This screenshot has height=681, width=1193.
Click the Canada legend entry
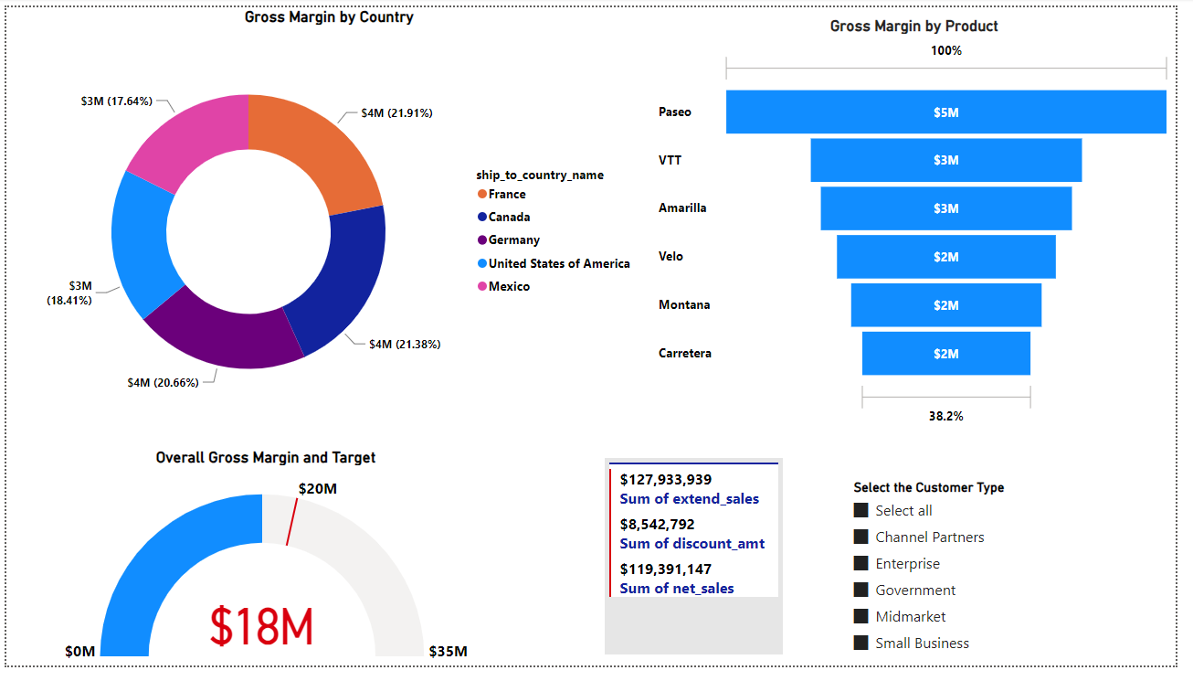pos(509,218)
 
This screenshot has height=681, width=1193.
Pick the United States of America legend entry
pos(558,264)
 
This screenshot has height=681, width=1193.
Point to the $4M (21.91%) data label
pos(396,113)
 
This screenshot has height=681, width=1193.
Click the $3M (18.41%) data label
pos(69,293)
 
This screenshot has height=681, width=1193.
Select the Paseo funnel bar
pos(945,112)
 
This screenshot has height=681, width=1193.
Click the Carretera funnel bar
pos(945,354)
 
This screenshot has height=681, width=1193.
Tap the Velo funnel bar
pos(945,257)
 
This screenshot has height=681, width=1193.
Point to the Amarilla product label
pos(682,208)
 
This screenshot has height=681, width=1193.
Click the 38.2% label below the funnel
pos(945,416)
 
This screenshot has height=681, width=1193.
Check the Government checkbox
pos(860,591)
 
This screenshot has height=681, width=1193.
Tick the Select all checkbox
pos(860,511)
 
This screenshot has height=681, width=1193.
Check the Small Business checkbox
pos(860,644)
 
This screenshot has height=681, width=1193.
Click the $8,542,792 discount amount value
pos(657,525)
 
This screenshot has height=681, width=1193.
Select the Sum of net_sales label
pos(677,589)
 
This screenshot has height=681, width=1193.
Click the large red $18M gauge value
pos(262,627)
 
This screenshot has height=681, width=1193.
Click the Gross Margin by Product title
pos(913,27)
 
